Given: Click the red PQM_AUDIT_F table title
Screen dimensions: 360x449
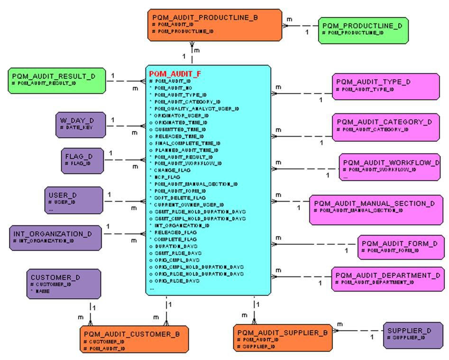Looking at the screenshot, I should (175, 74).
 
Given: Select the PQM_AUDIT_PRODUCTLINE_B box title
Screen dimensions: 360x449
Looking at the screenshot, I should (205, 18).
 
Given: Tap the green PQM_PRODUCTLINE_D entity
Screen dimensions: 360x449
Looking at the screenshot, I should (363, 30).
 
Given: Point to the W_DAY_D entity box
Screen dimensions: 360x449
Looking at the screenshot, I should (79, 124).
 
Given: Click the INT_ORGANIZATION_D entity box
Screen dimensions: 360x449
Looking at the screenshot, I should (55, 237).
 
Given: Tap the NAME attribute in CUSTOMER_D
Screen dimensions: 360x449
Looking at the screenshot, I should (42, 291).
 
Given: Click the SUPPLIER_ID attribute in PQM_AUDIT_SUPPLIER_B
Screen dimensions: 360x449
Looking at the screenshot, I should (259, 347).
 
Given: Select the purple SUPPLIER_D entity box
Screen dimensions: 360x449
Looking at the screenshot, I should (412, 335).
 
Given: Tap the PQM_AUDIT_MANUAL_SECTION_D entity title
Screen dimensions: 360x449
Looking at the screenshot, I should (374, 203).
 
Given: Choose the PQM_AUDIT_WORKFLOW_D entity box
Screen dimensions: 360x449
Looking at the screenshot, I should (390, 167).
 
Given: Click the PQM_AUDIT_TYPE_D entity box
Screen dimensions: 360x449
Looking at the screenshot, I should (385, 86).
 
